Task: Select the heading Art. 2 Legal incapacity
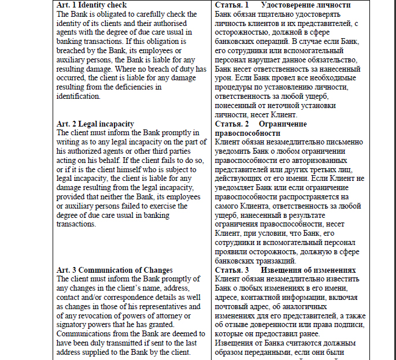point(95,124)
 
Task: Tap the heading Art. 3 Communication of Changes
point(114,270)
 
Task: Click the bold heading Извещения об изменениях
point(309,270)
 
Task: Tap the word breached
point(73,51)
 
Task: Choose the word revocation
point(96,316)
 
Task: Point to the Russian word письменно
point(343,142)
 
